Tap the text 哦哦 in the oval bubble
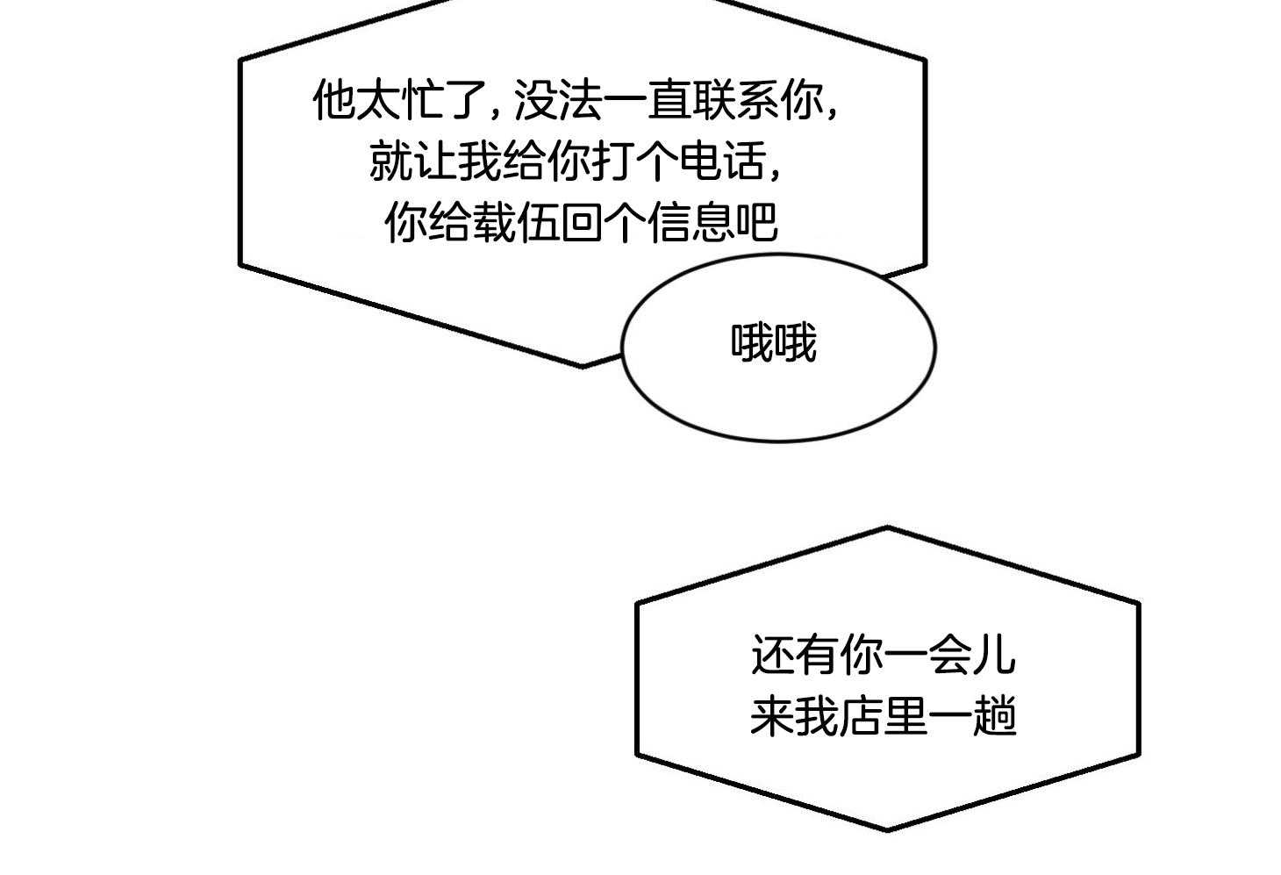(x=774, y=343)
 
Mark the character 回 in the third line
(x=582, y=222)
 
